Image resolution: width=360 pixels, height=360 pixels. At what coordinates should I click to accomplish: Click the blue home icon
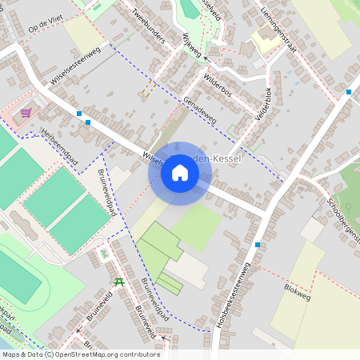[x=180, y=173]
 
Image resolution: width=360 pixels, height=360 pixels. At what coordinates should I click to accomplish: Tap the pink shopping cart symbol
[x=26, y=113]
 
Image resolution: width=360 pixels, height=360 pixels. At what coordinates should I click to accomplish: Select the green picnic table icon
[x=119, y=282]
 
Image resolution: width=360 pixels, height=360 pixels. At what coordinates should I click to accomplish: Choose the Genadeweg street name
[x=199, y=111]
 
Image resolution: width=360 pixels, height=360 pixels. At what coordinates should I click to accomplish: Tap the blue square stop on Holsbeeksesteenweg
[x=258, y=244]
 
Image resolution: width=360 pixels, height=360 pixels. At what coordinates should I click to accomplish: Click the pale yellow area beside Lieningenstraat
[x=264, y=38]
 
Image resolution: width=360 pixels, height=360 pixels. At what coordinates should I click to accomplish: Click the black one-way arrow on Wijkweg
[x=206, y=59]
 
